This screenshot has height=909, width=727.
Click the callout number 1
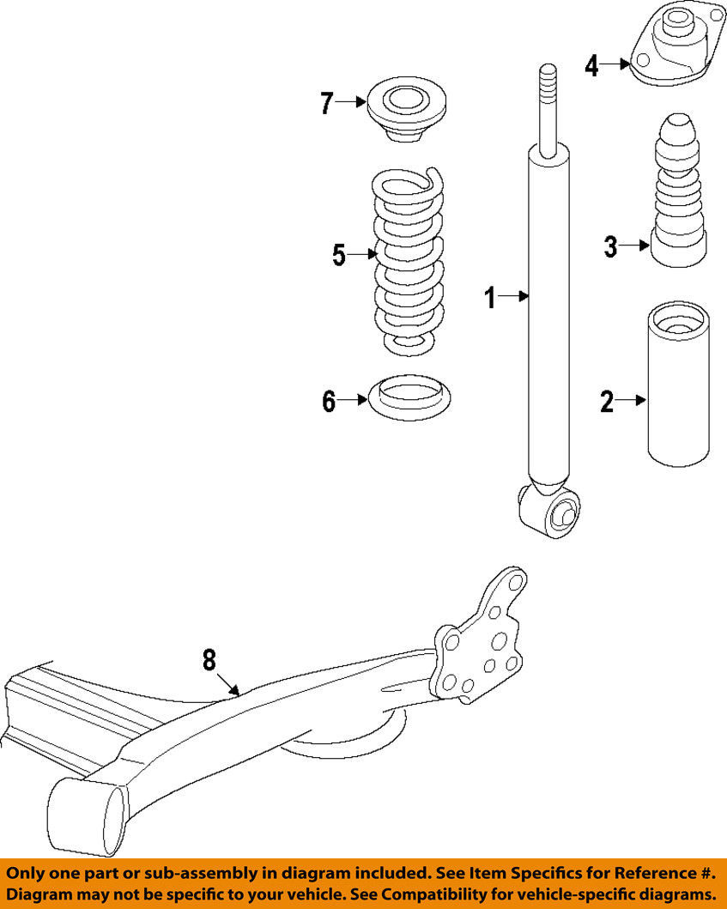[x=491, y=297]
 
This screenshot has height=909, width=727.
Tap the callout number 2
[x=607, y=401]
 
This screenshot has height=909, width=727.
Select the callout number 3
[x=610, y=246]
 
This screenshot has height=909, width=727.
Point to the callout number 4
[x=591, y=65]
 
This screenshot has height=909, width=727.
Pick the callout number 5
[x=339, y=255]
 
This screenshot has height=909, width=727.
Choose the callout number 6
[x=329, y=401]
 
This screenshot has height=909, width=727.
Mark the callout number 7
[x=327, y=104]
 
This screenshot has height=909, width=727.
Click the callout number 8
[x=209, y=660]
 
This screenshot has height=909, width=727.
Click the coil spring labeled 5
[x=408, y=261]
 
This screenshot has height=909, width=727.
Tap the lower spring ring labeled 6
[x=409, y=398]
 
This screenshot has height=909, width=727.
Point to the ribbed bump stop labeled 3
[x=679, y=191]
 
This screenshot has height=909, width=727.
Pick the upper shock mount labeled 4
[x=676, y=45]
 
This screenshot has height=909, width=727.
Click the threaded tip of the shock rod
[x=548, y=82]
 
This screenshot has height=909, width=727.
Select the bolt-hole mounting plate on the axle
[x=479, y=636]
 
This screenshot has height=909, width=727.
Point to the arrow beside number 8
[x=228, y=684]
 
